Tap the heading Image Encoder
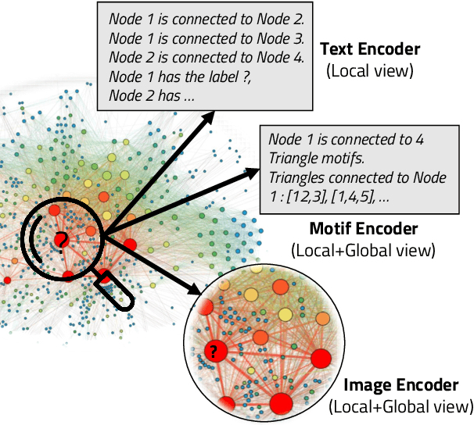point(400,385)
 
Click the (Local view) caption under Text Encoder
point(369,71)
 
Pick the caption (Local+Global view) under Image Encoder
point(401,406)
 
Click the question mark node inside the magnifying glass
point(60,239)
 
